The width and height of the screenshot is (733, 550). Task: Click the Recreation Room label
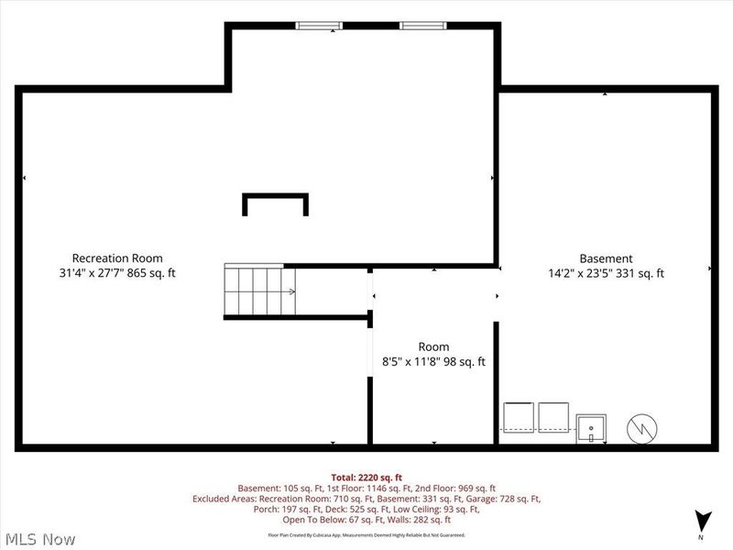[x=117, y=258]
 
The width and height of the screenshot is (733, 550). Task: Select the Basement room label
[x=606, y=258]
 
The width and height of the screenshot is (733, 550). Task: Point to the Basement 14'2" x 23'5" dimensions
[x=587, y=273]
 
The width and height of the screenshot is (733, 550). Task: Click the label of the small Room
[x=433, y=346]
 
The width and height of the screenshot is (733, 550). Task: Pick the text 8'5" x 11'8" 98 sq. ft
[x=433, y=361]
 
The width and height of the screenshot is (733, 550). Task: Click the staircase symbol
[x=259, y=291]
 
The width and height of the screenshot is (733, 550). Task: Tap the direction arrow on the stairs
[x=290, y=292]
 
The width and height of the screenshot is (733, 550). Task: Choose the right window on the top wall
[x=418, y=26]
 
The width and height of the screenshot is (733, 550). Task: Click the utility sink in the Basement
[x=592, y=428]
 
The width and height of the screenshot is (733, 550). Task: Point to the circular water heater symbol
[x=641, y=426]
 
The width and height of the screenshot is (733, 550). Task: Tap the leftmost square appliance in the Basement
[x=518, y=418]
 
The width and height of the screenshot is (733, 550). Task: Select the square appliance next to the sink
[x=553, y=418]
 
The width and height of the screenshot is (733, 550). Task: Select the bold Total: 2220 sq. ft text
[x=366, y=477]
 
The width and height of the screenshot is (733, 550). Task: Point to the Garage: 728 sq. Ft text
[x=509, y=499]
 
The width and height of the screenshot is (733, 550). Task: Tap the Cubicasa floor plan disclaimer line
[x=366, y=534]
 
